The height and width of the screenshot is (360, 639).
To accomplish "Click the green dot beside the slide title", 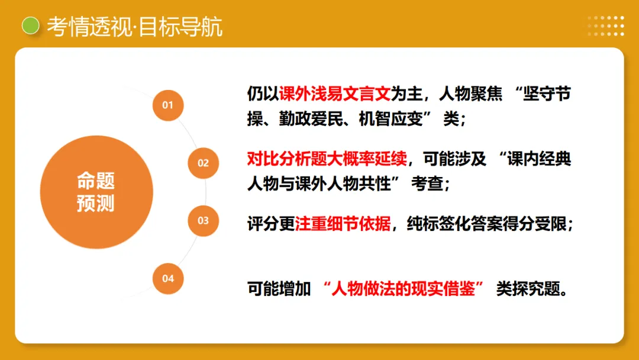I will pyautogui.click(x=30, y=26).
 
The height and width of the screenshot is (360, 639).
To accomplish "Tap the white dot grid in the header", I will pyautogui.click(x=606, y=26).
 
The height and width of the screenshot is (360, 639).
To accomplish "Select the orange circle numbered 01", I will pyautogui.click(x=168, y=105).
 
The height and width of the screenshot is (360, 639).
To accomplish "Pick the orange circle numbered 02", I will pyautogui.click(x=203, y=163).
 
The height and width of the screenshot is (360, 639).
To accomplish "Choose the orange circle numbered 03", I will pyautogui.click(x=203, y=220).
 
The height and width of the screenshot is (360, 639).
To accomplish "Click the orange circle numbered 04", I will pyautogui.click(x=168, y=278).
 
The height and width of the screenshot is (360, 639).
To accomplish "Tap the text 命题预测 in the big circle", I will pyautogui.click(x=96, y=192).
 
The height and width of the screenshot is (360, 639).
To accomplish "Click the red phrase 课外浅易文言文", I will pyautogui.click(x=335, y=94).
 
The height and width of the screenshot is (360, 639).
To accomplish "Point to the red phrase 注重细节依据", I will pyautogui.click(x=343, y=224).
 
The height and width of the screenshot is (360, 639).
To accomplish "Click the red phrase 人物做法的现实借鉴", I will pyautogui.click(x=405, y=290).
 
